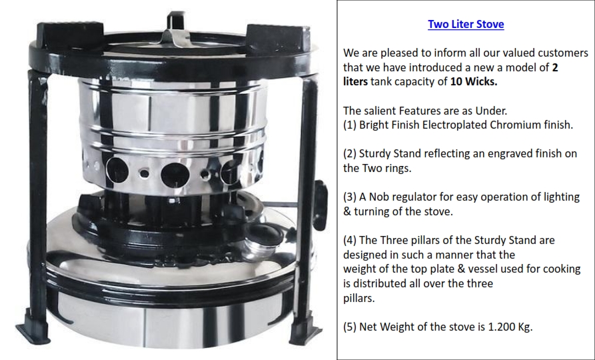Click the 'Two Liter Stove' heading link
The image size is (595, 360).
tap(466, 24)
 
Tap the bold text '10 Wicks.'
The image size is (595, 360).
tap(474, 81)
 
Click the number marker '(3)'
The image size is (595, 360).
tap(350, 197)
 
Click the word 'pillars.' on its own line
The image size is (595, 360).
tap(359, 299)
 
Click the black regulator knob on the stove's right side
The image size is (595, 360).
tap(320, 205)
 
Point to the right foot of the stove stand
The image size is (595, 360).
tap(305, 331)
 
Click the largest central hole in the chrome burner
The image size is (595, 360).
tap(175, 175)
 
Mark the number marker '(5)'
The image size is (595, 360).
tap(350, 327)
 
